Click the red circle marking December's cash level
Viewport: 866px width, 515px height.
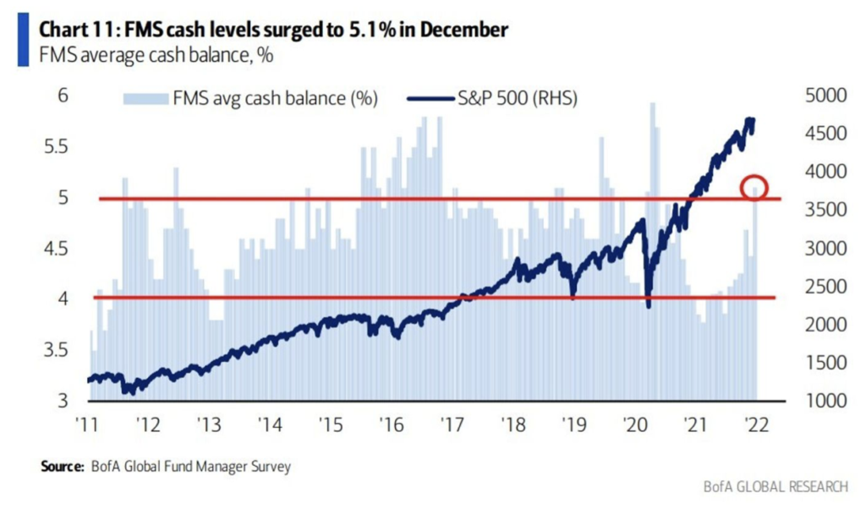[x=754, y=187]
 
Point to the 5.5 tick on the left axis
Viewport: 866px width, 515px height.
[x=53, y=147]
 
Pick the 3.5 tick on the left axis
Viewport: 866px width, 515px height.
[x=53, y=349]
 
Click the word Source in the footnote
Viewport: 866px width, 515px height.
[x=58, y=466]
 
